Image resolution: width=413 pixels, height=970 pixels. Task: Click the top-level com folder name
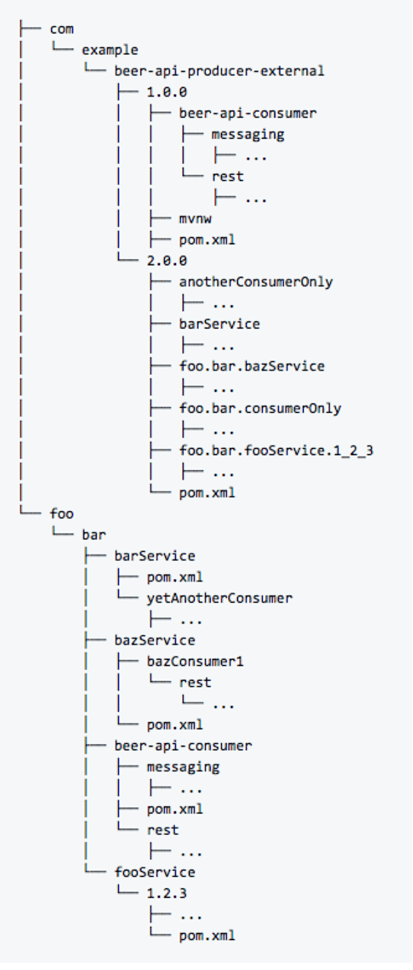tap(61, 29)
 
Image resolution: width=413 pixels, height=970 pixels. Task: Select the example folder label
tap(110, 50)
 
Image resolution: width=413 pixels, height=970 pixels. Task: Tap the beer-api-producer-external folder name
tap(219, 71)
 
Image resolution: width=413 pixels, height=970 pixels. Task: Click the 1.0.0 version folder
tap(167, 93)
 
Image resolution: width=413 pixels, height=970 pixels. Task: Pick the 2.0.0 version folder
tap(167, 261)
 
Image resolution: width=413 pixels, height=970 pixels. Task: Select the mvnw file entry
tap(195, 218)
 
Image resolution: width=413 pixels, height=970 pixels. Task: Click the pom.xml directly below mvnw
tap(207, 239)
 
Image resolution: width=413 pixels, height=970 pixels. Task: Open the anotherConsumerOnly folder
tap(256, 282)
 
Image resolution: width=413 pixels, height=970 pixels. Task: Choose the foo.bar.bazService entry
tap(252, 366)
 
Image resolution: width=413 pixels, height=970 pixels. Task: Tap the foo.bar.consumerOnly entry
tap(260, 408)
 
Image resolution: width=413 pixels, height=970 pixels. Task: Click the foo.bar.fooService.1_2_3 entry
tap(276, 451)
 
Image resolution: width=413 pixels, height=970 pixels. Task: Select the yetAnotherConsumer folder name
tap(220, 598)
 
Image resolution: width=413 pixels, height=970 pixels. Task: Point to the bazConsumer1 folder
tap(195, 662)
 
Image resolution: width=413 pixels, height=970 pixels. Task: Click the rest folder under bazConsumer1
tap(195, 683)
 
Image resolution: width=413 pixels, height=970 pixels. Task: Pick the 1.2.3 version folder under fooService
tap(167, 893)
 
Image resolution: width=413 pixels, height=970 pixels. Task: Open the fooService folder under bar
tap(154, 872)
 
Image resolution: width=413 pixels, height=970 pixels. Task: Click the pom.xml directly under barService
tap(175, 578)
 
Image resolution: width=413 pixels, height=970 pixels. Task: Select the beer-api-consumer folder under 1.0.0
tap(248, 113)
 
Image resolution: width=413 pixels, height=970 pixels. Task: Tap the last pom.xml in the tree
tap(207, 935)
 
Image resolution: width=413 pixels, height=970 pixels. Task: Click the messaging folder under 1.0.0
tap(248, 135)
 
